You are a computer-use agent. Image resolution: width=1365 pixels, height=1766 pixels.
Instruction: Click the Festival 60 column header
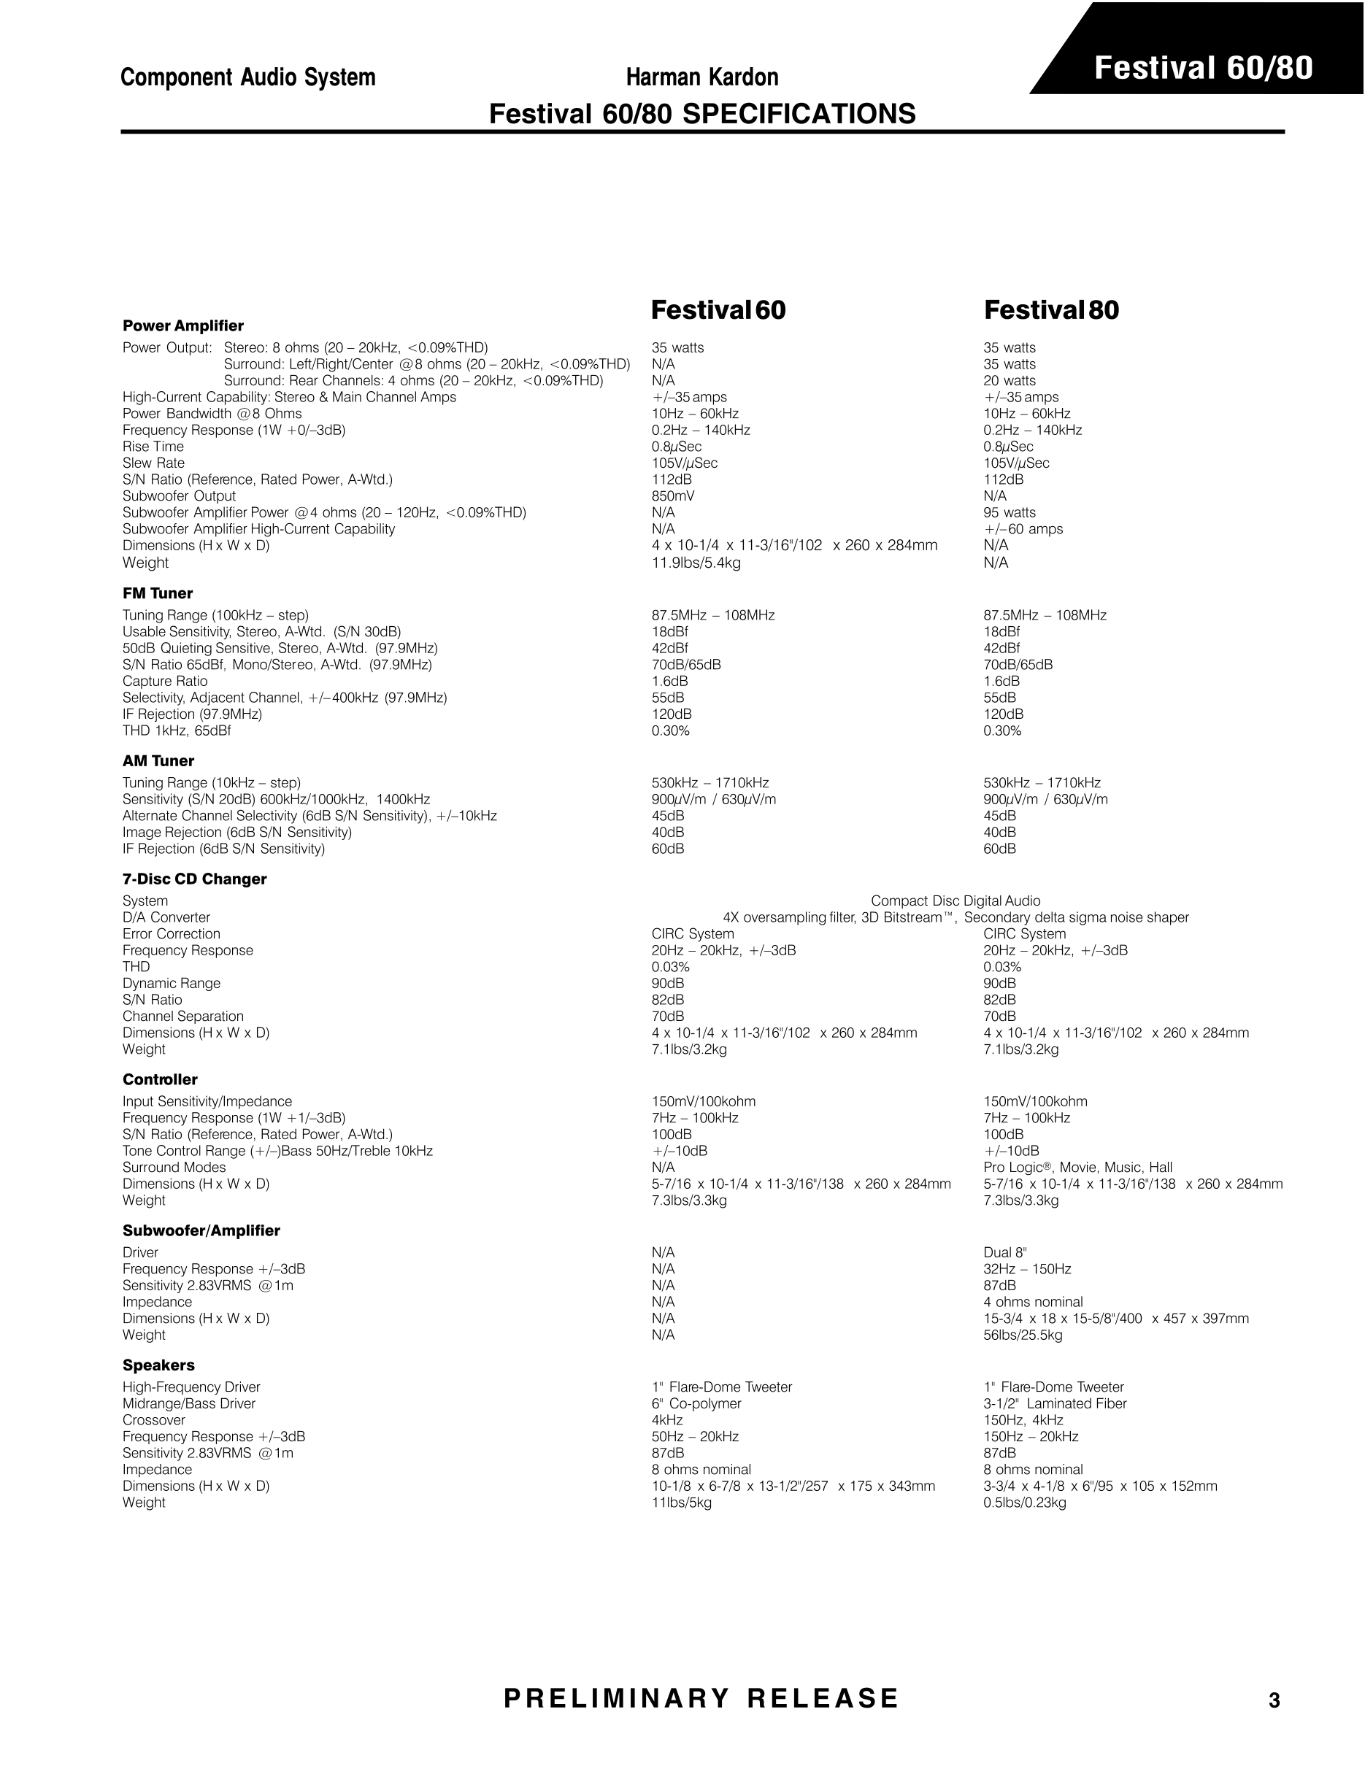pos(718,310)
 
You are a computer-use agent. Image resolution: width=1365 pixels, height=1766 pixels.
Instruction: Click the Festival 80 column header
pos(1051,310)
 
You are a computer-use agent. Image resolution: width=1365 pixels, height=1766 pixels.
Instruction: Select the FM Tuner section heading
pos(158,593)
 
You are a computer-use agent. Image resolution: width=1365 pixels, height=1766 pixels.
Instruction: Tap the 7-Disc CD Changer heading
pos(194,879)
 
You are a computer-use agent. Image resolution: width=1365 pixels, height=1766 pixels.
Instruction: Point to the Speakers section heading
pos(158,1365)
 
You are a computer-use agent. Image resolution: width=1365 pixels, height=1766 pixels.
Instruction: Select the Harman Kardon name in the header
pos(702,77)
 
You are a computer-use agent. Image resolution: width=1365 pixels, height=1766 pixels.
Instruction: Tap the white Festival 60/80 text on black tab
pos(1203,68)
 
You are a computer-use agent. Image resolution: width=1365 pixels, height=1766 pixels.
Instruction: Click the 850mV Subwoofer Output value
pos(673,496)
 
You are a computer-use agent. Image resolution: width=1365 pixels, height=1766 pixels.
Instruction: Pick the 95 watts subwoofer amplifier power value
pos(1010,513)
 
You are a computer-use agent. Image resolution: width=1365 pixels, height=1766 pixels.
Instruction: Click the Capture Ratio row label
pos(165,681)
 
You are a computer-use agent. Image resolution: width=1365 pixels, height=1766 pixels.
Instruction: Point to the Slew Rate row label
pos(153,463)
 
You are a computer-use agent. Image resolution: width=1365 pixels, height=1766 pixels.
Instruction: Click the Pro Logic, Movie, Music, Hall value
pos(1077,1168)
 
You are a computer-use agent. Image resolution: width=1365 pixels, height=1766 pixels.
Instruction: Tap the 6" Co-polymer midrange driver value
pos(696,1404)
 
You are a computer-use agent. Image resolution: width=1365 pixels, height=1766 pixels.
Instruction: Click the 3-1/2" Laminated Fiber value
pos(1055,1404)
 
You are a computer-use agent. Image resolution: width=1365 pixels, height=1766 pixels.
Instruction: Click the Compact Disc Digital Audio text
pos(955,901)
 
